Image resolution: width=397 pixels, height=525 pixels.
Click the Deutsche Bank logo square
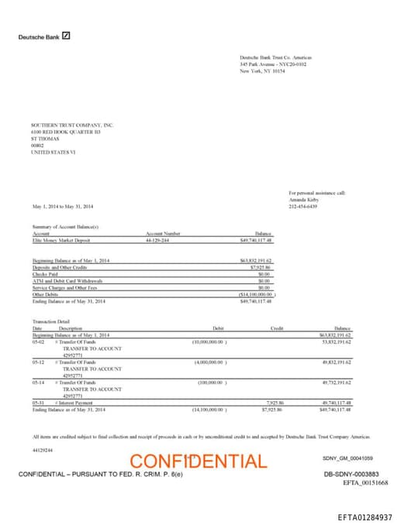(67, 36)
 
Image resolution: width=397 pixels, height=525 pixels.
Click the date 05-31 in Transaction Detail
(38, 403)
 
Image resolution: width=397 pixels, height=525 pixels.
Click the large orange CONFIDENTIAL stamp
(198, 462)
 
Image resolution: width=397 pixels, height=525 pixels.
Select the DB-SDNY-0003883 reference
(350, 473)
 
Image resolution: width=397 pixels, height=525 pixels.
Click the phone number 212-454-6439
(303, 206)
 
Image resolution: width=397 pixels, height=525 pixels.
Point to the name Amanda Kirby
(302, 199)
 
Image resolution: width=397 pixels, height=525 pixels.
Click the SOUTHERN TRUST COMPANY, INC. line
(72, 125)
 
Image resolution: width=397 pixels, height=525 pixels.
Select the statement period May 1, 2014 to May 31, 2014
(63, 206)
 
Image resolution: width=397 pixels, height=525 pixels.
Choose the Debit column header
(218, 328)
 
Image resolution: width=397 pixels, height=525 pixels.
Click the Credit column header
(277, 328)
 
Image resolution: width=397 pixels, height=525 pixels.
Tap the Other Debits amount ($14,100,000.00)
(256, 294)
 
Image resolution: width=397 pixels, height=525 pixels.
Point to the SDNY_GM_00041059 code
(347, 458)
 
